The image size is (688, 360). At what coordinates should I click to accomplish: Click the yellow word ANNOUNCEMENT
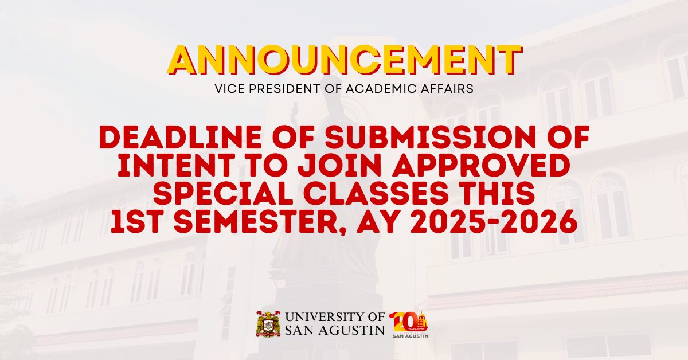tap(345, 60)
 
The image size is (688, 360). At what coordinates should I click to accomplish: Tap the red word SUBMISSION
tap(426, 138)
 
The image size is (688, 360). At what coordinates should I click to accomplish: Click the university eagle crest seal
tap(268, 324)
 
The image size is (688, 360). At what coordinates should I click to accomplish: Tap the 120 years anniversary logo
tap(408, 324)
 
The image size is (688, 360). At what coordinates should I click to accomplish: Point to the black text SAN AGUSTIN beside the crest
tap(335, 330)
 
